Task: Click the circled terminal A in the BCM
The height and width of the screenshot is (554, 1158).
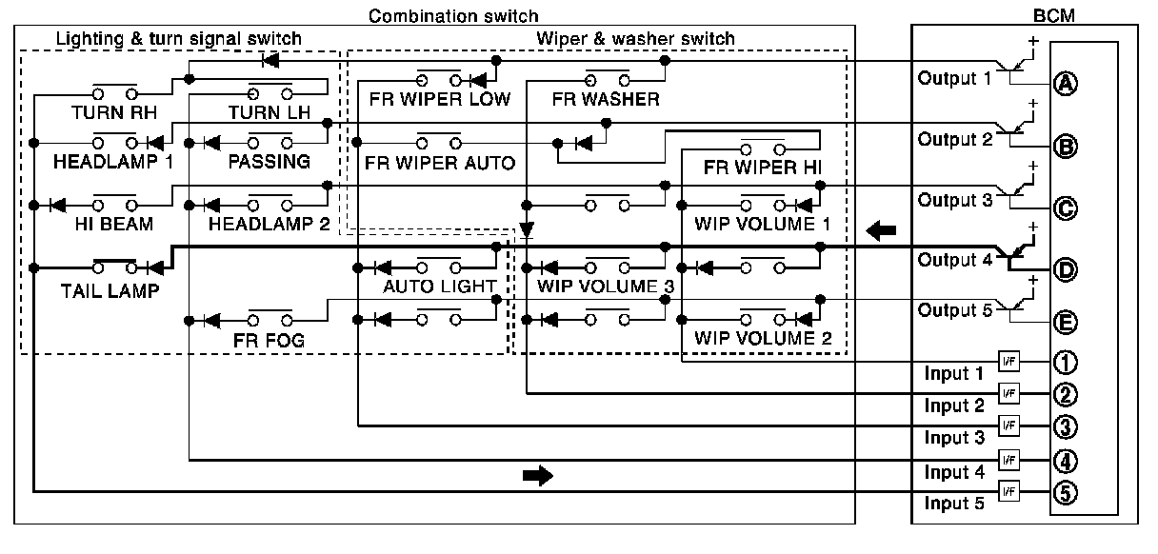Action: pos(1066,84)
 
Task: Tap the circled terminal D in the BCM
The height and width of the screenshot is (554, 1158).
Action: pos(1066,269)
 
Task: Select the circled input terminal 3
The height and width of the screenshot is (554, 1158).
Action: pos(1066,426)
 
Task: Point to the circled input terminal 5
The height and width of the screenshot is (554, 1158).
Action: pos(1066,492)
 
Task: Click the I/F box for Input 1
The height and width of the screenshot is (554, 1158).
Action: pos(1008,362)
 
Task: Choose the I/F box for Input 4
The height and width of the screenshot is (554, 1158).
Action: pos(1008,460)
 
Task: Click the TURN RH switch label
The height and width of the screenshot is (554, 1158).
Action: pos(114,112)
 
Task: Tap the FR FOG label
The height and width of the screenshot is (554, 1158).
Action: pos(269,341)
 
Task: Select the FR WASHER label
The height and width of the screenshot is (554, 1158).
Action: pos(606,99)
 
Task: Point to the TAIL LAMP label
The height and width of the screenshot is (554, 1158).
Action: pos(110,291)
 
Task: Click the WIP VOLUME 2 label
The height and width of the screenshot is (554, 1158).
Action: pos(763,338)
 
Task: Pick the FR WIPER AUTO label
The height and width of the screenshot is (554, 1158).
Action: pos(440,164)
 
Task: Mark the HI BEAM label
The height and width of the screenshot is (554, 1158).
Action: pos(114,225)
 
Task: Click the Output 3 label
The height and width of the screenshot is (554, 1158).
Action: pos(955,200)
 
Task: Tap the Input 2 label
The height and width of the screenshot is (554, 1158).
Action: pos(954,406)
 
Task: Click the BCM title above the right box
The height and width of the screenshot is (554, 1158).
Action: pos(1054,15)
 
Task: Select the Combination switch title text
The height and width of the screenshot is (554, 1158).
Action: pos(453,16)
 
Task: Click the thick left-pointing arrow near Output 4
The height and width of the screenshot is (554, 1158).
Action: pos(881,230)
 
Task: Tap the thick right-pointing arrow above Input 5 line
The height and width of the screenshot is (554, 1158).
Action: pos(538,475)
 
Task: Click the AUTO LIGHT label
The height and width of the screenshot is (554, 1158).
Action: pos(440,287)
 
